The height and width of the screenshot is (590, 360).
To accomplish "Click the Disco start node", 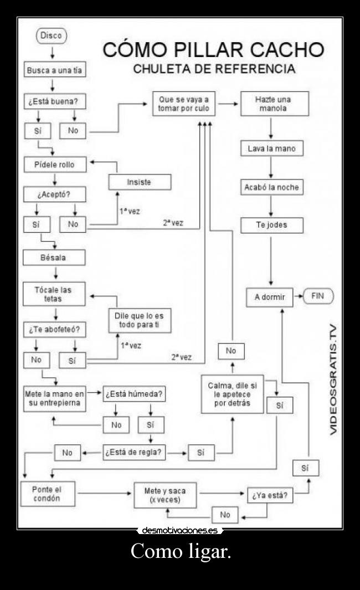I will click(x=51, y=36).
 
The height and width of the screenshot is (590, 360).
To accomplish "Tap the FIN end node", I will click(x=317, y=296).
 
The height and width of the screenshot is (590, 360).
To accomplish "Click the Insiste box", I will click(x=140, y=182).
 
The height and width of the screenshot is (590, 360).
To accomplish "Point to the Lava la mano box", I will click(x=271, y=149).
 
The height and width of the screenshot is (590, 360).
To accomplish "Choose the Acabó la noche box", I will click(x=271, y=187).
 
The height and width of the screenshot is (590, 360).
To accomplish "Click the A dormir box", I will click(x=270, y=297).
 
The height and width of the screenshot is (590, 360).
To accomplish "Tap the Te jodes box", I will click(x=271, y=225).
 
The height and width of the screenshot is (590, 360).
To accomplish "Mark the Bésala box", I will click(x=54, y=258).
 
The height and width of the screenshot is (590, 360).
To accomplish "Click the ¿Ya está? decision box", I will click(x=269, y=496).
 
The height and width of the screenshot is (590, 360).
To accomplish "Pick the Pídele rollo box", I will click(x=54, y=165).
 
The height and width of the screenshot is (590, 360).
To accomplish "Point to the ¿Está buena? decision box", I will click(x=54, y=102).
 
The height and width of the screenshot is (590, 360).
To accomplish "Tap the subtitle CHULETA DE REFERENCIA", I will click(x=214, y=70).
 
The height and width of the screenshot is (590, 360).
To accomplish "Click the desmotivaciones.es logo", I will click(x=179, y=530).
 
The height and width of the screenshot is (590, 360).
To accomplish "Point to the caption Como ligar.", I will click(x=180, y=552).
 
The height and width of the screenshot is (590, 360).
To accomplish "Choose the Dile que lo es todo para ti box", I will click(x=140, y=320).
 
